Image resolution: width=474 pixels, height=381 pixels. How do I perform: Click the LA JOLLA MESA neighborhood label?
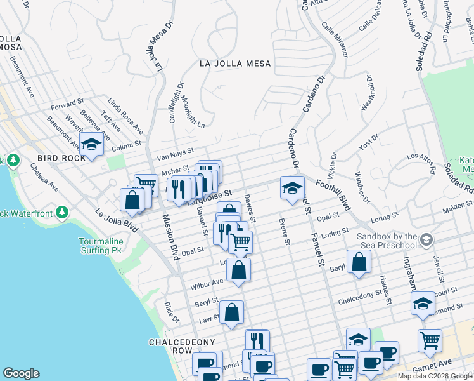[x=235, y=63]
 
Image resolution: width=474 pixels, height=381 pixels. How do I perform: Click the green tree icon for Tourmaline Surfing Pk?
[x=62, y=211]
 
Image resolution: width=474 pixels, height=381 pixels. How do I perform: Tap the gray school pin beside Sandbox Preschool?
[x=426, y=239]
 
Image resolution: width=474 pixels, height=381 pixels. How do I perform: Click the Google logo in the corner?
[x=21, y=373]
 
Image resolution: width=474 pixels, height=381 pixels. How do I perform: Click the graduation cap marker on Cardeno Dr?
[x=291, y=187]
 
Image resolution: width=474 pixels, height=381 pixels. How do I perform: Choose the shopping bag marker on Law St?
[x=232, y=312]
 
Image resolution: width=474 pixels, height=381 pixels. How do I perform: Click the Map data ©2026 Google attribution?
[x=434, y=376]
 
